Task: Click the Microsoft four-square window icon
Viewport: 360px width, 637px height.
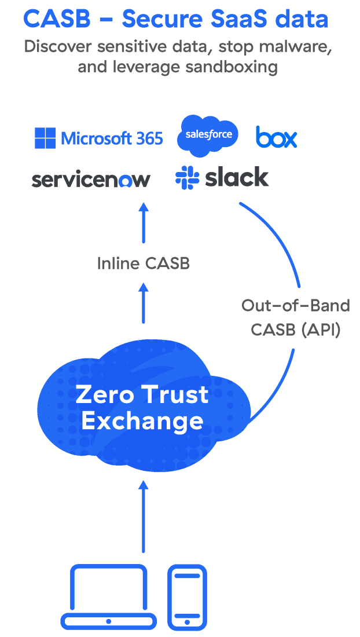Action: pyautogui.click(x=45, y=138)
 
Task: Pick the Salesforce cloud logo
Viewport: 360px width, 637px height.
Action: pyautogui.click(x=208, y=135)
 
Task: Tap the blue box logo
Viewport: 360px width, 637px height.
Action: pyautogui.click(x=276, y=137)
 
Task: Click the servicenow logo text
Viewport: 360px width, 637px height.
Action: pyautogui.click(x=91, y=180)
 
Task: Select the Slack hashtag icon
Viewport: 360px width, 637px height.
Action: pyautogui.click(x=187, y=177)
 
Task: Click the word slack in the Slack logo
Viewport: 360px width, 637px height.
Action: pyautogui.click(x=237, y=178)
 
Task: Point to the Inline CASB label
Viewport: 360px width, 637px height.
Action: pyautogui.click(x=143, y=263)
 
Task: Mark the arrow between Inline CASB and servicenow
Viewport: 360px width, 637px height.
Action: pyautogui.click(x=143, y=222)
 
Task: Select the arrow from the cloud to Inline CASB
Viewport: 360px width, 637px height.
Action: pyautogui.click(x=143, y=302)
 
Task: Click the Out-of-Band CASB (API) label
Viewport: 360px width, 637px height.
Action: pyautogui.click(x=295, y=317)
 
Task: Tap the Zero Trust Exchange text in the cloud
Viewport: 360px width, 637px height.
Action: pyautogui.click(x=142, y=407)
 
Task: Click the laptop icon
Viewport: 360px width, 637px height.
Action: pyautogui.click(x=109, y=597)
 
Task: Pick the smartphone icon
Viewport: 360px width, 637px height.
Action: pyautogui.click(x=187, y=597)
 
